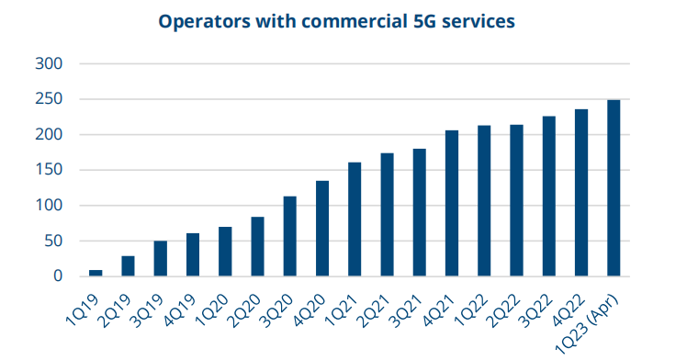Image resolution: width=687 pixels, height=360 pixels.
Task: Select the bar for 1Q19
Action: [96, 272]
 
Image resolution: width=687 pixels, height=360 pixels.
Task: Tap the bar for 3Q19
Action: [161, 258]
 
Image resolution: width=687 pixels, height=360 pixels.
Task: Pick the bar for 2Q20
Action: [257, 246]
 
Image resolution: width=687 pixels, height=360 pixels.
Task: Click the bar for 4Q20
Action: [322, 229]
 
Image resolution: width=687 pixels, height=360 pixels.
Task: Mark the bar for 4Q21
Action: [452, 203]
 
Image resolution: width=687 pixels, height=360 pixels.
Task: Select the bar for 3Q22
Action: [549, 196]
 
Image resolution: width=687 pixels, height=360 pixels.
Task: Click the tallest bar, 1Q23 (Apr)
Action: [614, 188]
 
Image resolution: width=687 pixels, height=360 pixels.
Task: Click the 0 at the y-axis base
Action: [57, 276]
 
